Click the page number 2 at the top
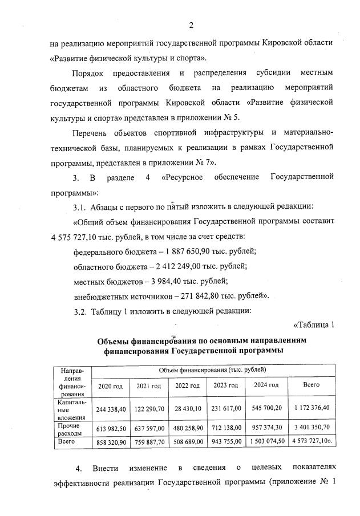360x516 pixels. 191,25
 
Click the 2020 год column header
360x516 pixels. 110,385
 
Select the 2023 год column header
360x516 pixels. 225,385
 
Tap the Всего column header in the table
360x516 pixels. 311,385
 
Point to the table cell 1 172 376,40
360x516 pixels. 311,409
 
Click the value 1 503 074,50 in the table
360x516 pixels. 266,441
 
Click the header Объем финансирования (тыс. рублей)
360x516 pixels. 212,370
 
